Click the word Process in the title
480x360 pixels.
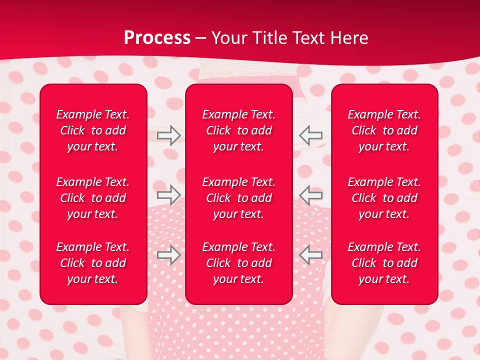pos(157,38)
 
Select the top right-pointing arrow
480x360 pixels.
pos(168,135)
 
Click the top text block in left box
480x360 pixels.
pos(93,130)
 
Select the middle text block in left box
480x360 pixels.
pos(93,198)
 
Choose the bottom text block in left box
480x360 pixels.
pos(93,263)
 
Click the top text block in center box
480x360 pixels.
pos(238,130)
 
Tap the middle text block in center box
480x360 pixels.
pos(238,198)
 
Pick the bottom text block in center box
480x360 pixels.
pos(238,263)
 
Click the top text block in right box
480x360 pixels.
pos(384,130)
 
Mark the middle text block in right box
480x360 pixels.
pos(384,198)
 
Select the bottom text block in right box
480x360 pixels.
pos(384,263)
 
